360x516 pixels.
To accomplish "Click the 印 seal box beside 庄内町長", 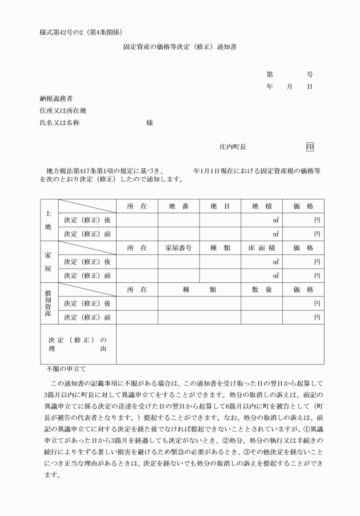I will pos(310,147).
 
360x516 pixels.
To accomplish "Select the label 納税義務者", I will pos(56,98).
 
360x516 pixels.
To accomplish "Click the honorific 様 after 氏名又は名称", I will pos(150,122).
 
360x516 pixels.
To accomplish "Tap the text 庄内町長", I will pos(233,147).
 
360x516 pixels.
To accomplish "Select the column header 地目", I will pos(219,206).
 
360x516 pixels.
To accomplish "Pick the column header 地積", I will pos(261,206).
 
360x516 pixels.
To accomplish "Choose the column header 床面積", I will pos(261,248).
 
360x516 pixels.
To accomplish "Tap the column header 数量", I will pos(261,290).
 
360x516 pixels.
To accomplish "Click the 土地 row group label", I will pos(49,220).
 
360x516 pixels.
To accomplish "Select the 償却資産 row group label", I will pos(49,303).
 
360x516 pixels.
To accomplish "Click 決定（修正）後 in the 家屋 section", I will pos(87,262).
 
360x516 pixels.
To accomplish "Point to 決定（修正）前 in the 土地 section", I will pos(87,234).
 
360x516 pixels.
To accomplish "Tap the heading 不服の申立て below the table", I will pos(66,369).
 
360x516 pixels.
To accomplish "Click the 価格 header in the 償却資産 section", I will pos(303,290).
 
